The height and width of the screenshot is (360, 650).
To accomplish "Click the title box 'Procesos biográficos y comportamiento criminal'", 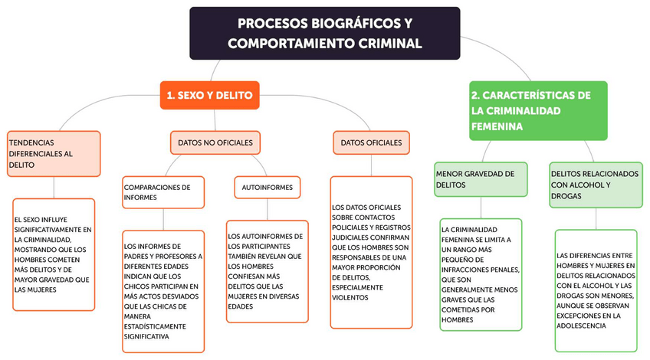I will tap(324, 34).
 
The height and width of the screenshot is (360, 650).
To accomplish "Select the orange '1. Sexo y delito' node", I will tap(208, 95).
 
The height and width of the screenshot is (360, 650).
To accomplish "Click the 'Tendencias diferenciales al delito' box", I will tap(54, 153).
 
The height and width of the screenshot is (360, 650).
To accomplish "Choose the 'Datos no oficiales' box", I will tap(215, 142).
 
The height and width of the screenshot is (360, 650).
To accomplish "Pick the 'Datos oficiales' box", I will tap(371, 142).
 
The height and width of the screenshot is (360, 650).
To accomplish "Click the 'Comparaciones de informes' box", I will tap(162, 191).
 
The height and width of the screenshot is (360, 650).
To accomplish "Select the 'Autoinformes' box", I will tap(267, 187).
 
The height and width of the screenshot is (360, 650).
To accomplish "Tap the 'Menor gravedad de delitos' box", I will tap(481, 179).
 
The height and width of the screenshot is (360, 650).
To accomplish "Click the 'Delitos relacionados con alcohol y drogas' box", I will tap(596, 185).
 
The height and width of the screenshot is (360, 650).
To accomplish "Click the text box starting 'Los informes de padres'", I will tap(162, 291).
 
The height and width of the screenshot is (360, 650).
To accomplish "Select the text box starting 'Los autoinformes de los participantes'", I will tap(267, 271).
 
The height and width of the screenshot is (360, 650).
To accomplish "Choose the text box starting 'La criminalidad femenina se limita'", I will tap(481, 274).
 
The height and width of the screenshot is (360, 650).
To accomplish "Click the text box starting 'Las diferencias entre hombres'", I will tap(596, 290).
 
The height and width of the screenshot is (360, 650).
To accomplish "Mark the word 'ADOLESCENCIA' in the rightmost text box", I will tap(582, 326).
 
